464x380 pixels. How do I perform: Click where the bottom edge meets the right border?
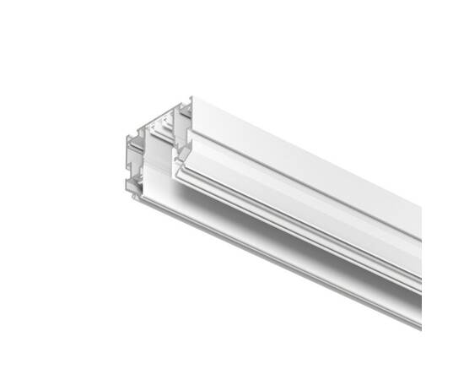pos(421,325)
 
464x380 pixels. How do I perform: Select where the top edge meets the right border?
pos(421,204)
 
